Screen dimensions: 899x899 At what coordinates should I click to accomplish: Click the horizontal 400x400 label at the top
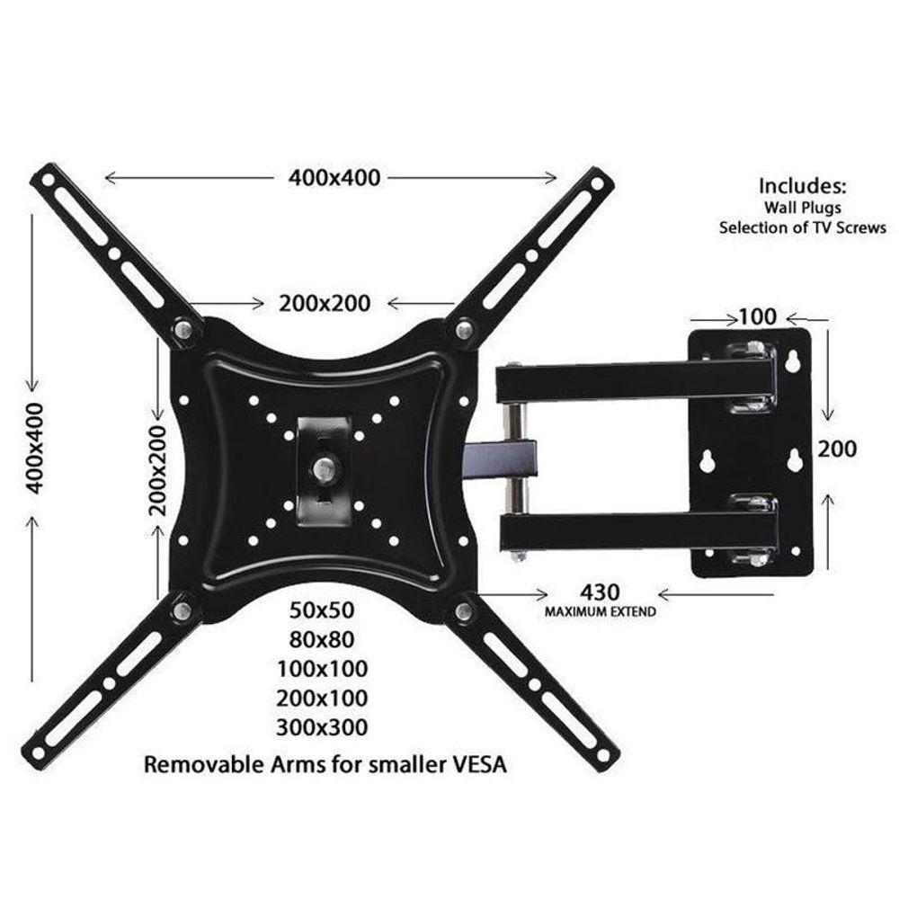tap(334, 178)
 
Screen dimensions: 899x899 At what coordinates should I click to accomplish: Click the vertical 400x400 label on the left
tap(34, 447)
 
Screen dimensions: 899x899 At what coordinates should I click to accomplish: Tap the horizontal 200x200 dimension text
tap(325, 303)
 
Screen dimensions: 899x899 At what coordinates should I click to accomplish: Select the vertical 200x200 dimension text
tap(158, 468)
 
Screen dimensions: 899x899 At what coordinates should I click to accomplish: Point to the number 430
tap(600, 593)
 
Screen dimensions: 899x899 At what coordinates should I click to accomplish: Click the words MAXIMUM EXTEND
tap(600, 611)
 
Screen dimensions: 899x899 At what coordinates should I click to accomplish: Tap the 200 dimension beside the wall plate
tap(837, 448)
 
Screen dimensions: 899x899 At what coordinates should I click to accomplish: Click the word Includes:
tap(803, 186)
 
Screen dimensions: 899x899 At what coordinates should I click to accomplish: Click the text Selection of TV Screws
tap(802, 227)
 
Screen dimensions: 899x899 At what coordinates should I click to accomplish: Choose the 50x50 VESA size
tap(323, 610)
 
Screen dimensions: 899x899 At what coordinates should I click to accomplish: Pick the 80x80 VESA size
tap(323, 639)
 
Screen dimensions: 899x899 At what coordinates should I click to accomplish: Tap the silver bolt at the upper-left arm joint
tap(183, 331)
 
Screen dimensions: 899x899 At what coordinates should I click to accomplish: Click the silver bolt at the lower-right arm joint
tap(464, 611)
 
